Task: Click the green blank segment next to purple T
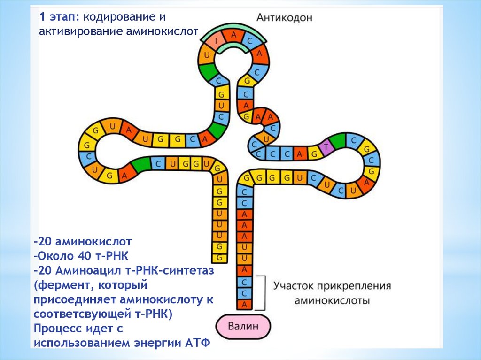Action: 337,141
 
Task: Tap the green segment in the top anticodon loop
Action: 207,70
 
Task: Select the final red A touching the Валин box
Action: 244,305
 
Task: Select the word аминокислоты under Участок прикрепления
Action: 332,300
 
